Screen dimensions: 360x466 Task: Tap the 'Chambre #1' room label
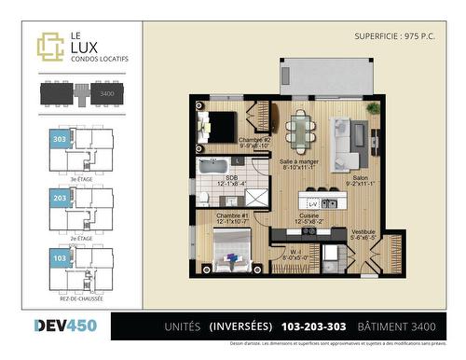click(x=232, y=216)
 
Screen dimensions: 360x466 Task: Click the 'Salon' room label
click(x=360, y=178)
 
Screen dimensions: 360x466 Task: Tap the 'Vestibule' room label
click(x=362, y=232)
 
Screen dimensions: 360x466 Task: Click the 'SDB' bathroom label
click(x=230, y=179)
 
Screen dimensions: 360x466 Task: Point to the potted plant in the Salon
click(x=373, y=108)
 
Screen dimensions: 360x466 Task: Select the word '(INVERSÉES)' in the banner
click(x=240, y=326)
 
